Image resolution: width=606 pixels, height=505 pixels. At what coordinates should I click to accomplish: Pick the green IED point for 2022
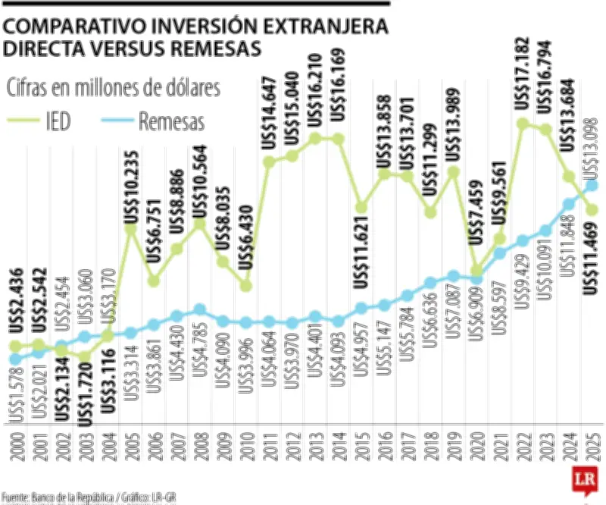click(522, 124)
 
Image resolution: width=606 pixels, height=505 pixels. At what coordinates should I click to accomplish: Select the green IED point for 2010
click(245, 286)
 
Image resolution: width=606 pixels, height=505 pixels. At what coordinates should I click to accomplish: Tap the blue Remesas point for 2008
click(200, 309)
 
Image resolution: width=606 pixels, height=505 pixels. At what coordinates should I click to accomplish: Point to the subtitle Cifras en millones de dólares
click(113, 88)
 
